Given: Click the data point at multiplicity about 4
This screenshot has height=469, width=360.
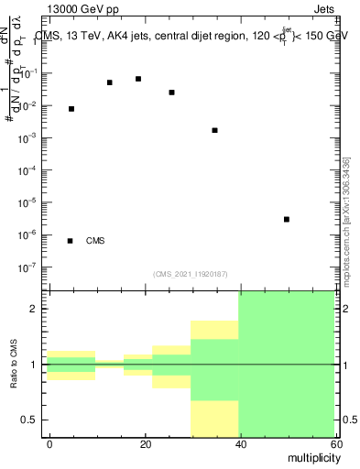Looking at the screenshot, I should [71, 109].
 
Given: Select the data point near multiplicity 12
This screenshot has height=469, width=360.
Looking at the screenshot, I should [110, 82].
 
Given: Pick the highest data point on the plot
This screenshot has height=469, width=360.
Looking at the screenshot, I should [138, 79].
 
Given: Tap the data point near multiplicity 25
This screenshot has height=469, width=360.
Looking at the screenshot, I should [172, 93].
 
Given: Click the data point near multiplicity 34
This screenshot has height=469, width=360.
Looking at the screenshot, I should [214, 130].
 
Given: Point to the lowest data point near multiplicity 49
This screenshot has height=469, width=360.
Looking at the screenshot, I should [287, 219].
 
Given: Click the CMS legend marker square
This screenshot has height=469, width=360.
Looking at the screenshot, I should [71, 241].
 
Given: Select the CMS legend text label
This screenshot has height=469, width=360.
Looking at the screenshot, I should [95, 241].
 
